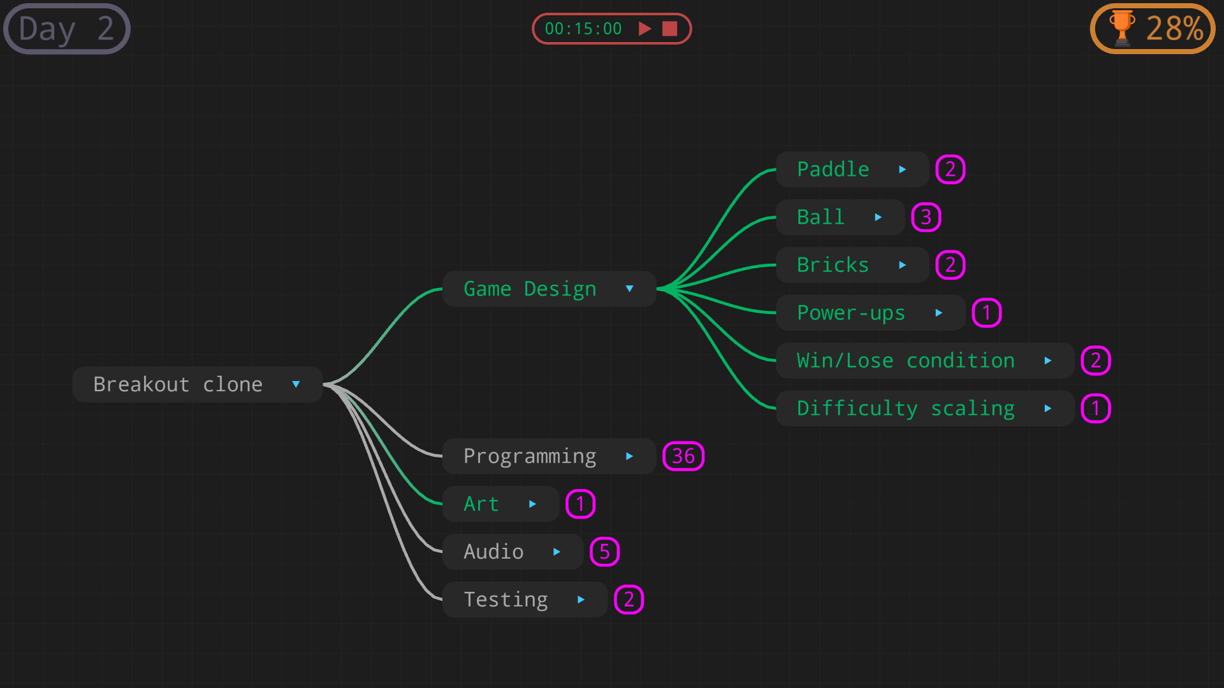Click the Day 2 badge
click(x=66, y=29)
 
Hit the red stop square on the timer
click(x=669, y=29)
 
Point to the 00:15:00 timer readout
click(x=583, y=29)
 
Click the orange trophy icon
click(x=1121, y=29)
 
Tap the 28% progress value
click(x=1174, y=29)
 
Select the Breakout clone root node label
click(x=178, y=384)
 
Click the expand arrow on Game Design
click(x=629, y=289)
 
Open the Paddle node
click(x=833, y=169)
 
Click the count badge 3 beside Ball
click(x=926, y=217)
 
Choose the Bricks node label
click(x=833, y=265)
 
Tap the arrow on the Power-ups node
click(x=938, y=313)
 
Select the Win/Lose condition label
click(x=905, y=361)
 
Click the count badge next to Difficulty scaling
click(x=1095, y=408)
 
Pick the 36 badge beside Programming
click(x=683, y=456)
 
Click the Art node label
click(x=481, y=504)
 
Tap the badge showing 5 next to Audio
click(x=604, y=552)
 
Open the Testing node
click(x=506, y=599)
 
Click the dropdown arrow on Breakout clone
click(x=296, y=384)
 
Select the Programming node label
click(x=530, y=456)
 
